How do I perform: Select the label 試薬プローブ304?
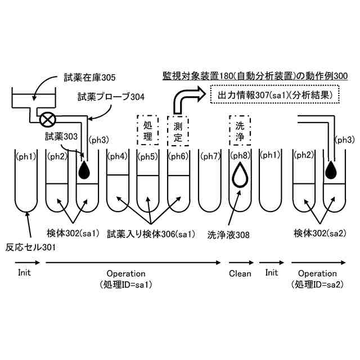111,97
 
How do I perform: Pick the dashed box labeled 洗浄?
238,129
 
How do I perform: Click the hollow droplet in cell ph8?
238,175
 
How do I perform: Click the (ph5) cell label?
148,156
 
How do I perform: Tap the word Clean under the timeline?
240,273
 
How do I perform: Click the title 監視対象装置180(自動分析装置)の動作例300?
255,75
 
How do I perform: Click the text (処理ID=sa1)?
126,284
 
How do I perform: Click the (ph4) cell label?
118,156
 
